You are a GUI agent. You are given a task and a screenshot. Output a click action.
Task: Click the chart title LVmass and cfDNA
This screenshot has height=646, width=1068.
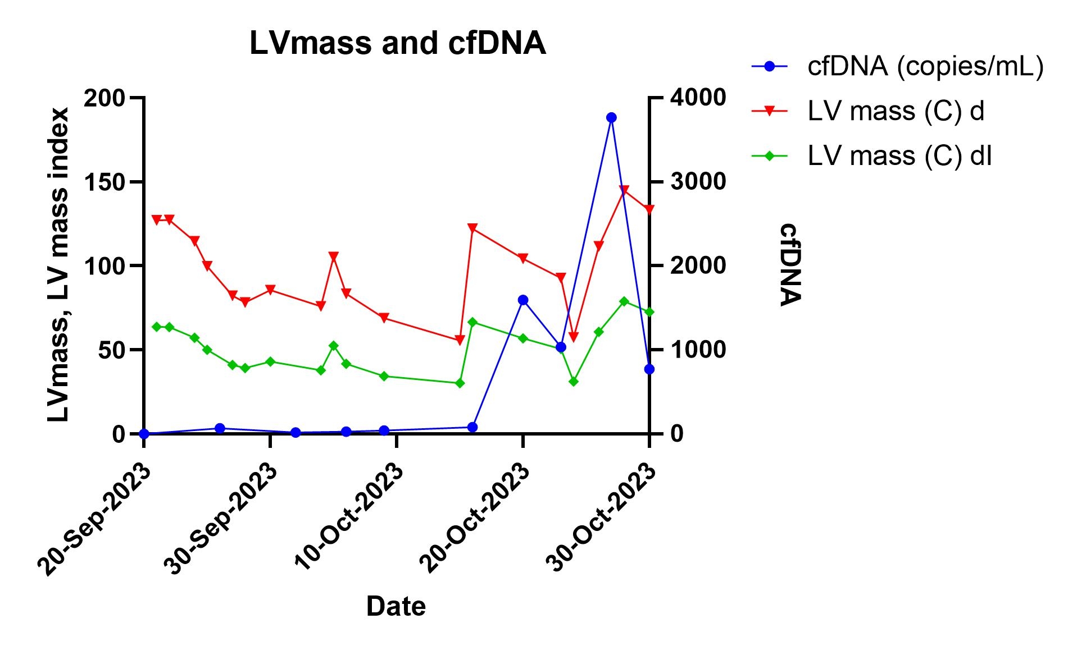[397, 43]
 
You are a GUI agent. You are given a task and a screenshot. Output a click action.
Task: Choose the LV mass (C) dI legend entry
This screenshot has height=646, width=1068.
[899, 155]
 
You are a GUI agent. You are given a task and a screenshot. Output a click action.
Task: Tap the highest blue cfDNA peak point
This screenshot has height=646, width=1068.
[611, 117]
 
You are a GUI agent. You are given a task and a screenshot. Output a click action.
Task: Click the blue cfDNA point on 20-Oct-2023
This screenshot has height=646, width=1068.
[523, 300]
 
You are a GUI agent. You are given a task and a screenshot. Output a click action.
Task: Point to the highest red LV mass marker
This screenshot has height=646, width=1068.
[624, 190]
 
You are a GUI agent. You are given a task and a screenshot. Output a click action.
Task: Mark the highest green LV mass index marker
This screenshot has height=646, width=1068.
[624, 301]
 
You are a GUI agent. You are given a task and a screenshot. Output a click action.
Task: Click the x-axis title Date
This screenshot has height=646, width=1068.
[396, 607]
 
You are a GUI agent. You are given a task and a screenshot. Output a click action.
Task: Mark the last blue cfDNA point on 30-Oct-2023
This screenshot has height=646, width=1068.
[649, 369]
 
